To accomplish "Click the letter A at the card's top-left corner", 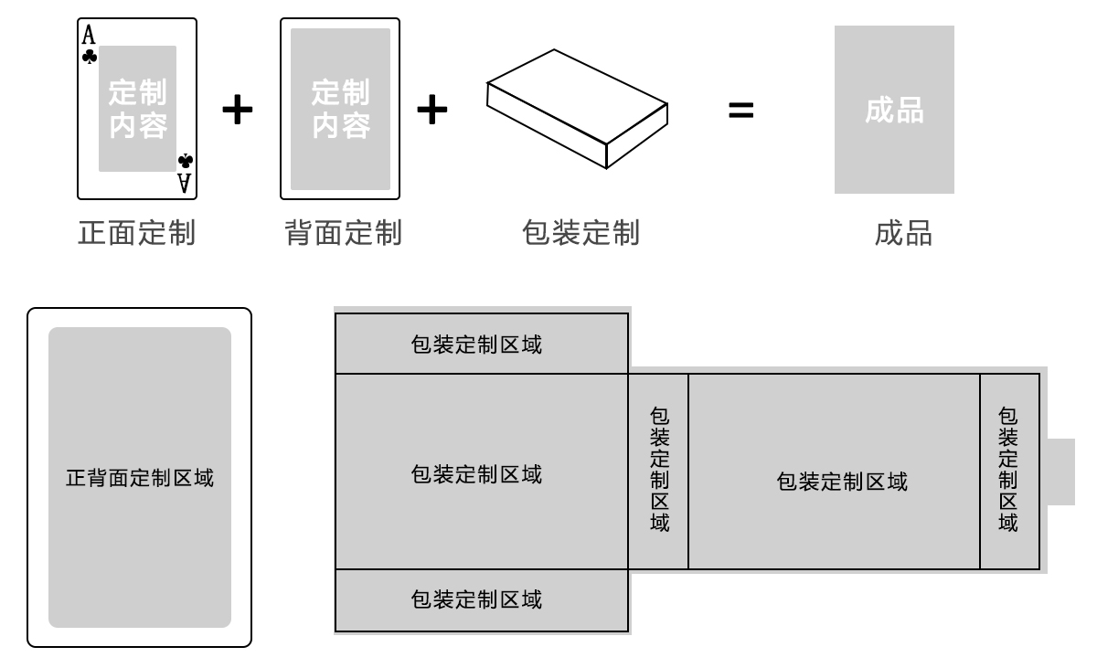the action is coord(89,36).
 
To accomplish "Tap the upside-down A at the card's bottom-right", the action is coord(185,183).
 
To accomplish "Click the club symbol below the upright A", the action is coord(90,57).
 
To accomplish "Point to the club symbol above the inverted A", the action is coord(186,161).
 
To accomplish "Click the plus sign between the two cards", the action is coord(238,109).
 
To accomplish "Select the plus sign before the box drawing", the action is coord(431,109).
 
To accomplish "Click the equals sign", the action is coord(741,110).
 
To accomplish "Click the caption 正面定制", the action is coord(137,233).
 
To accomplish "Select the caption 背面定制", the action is coord(344,233).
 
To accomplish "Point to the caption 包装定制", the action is coord(580,233).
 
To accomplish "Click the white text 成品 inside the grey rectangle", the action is coord(895,111).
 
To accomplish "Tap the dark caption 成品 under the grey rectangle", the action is coord(903,233).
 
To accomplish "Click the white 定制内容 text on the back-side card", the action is coord(341,109).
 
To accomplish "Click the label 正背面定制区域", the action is coord(140,478).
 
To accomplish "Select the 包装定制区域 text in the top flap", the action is coord(476,345).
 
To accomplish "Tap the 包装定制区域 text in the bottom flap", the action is coord(476,599).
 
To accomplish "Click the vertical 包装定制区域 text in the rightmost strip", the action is coord(1008,470).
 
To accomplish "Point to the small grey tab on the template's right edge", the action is coord(1060,472).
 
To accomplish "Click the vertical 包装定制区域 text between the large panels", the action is coord(660,470).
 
